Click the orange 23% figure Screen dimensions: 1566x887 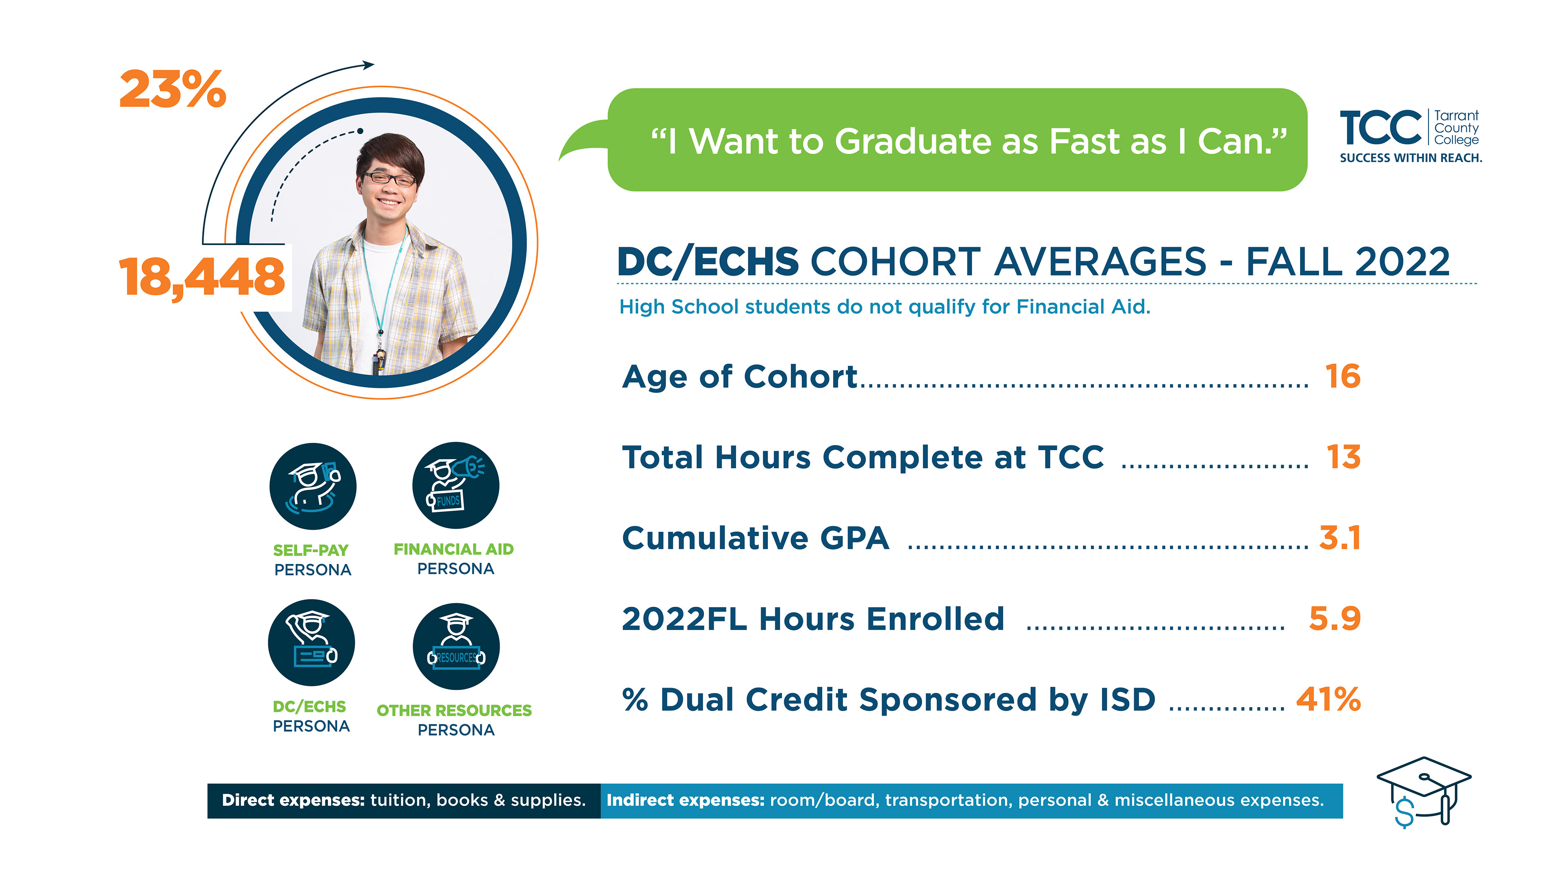click(173, 90)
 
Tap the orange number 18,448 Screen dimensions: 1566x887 click(201, 277)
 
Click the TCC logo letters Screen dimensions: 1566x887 click(1380, 128)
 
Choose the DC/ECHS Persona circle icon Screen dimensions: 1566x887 click(311, 643)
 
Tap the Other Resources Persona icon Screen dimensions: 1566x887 click(456, 646)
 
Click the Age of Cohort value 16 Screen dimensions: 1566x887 click(1343, 376)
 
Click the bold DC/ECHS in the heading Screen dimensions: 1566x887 click(708, 263)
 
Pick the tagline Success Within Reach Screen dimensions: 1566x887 click(1411, 158)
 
